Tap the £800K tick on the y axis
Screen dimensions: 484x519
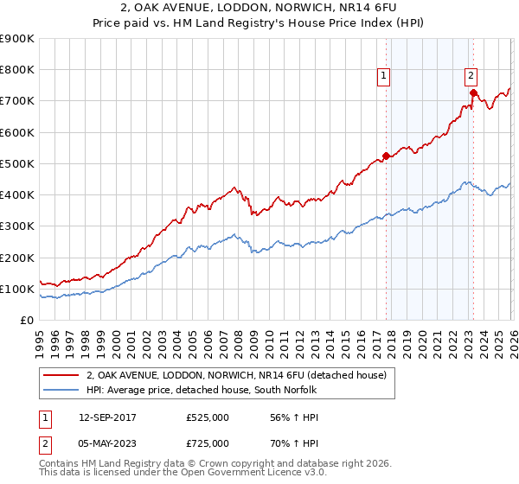(x=17, y=70)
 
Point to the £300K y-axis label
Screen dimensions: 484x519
(x=17, y=226)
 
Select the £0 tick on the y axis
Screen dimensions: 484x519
(x=26, y=321)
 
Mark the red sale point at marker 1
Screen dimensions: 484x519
(x=386, y=156)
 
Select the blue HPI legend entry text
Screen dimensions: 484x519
(x=204, y=390)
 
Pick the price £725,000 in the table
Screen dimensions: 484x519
(x=208, y=443)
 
